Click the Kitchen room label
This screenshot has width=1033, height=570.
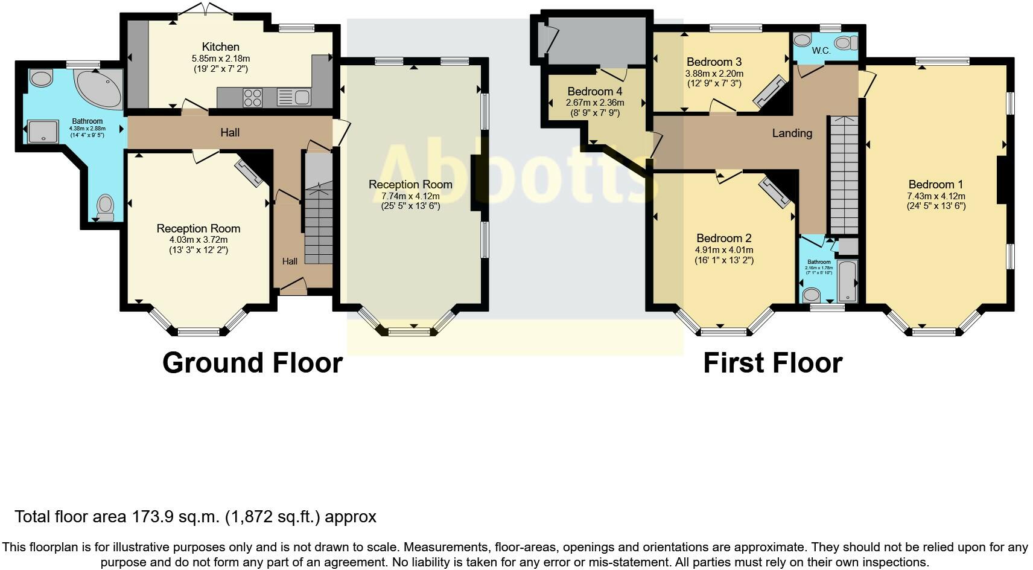(220, 46)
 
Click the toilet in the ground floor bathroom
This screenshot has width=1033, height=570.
(106, 208)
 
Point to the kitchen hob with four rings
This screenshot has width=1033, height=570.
(253, 97)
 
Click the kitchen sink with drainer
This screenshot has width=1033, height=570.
(294, 97)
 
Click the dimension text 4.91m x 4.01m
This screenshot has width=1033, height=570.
(724, 249)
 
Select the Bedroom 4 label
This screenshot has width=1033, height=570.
(594, 92)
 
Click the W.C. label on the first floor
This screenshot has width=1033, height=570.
(821, 51)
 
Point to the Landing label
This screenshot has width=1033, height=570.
(792, 133)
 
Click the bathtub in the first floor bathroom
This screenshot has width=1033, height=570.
(847, 281)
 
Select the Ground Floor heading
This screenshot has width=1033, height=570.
(252, 362)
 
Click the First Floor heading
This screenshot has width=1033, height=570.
(772, 362)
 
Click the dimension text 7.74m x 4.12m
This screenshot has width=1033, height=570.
(410, 196)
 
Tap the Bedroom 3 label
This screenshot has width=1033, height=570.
(714, 62)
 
